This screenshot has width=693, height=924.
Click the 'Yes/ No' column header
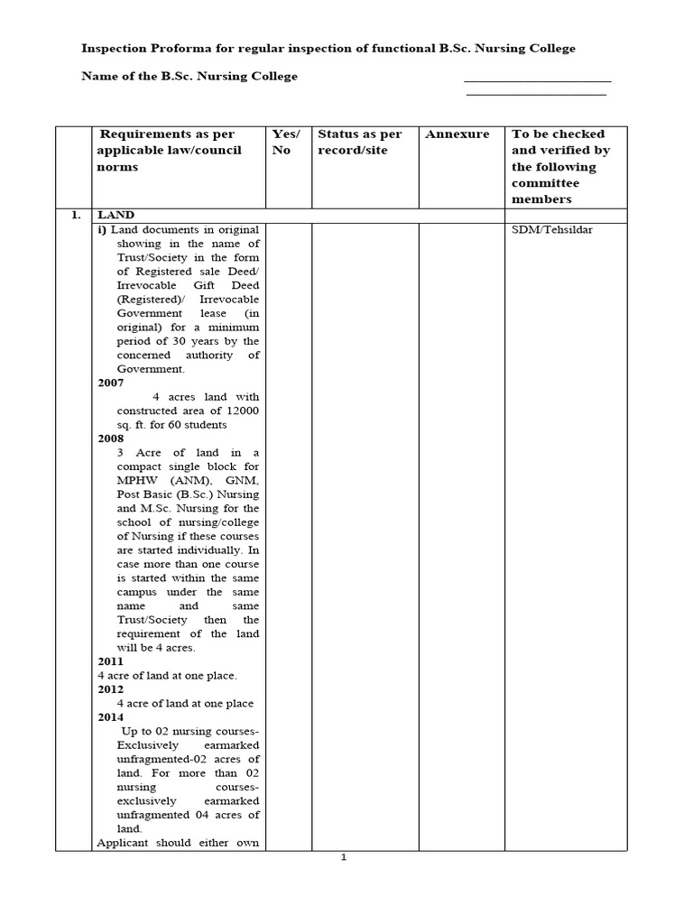pos(288,142)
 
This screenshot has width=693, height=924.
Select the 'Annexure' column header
pos(457,134)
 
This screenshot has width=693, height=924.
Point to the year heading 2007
pos(111,383)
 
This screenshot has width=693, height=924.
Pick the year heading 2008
pos(111,439)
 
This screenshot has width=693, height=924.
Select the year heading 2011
pos(111,661)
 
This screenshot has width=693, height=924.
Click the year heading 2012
pos(111,689)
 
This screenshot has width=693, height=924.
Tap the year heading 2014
pos(111,717)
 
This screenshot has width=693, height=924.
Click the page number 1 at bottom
pos(343,857)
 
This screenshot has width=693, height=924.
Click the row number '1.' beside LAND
pos(76,215)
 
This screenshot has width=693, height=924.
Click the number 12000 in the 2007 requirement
pos(242,411)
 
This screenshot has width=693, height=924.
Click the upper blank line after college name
pos(538,81)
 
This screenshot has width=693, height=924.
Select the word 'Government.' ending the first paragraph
pos(151,368)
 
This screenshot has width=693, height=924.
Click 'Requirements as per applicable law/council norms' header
pos(169,150)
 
